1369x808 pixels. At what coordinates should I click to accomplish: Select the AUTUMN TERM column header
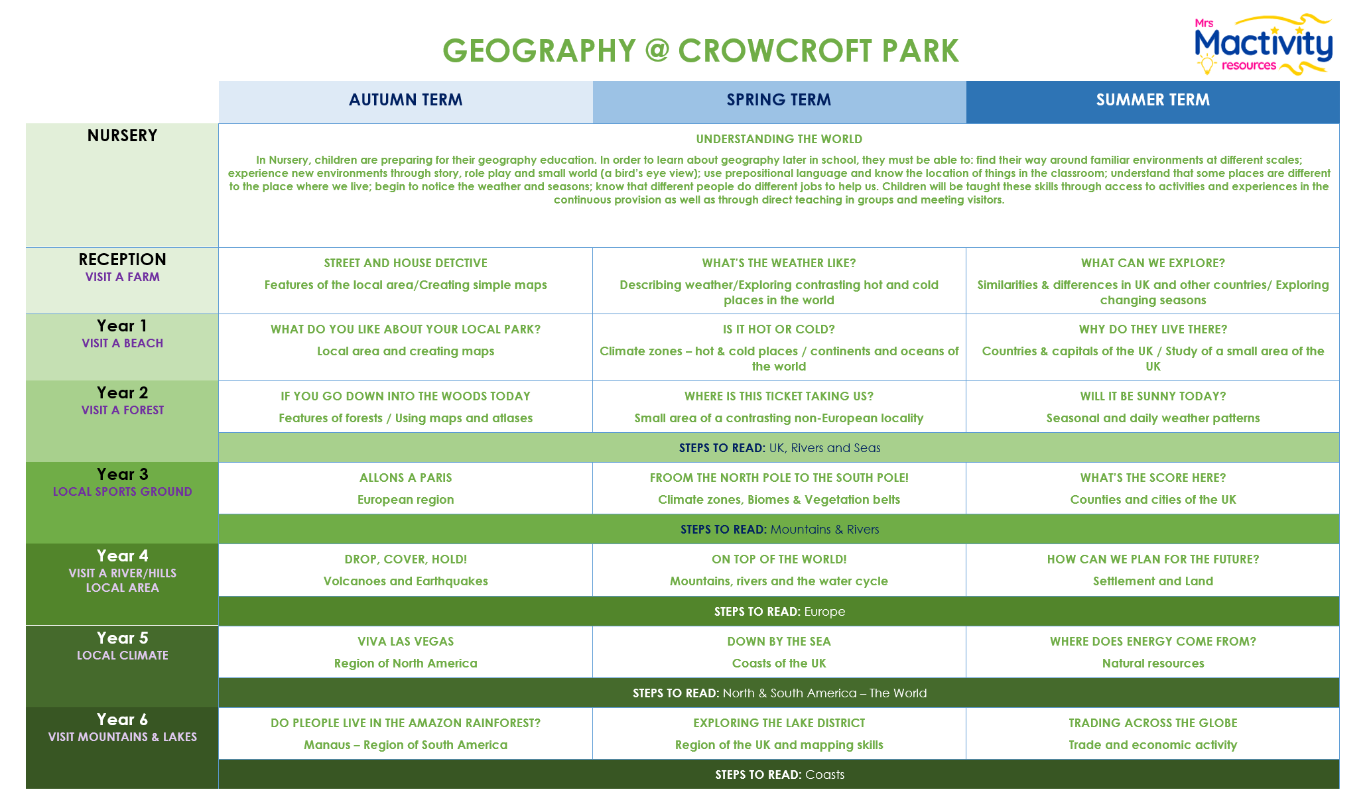(x=405, y=100)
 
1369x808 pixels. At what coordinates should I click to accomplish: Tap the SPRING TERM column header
(x=779, y=100)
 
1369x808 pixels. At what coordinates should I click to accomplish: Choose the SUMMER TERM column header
(x=1153, y=100)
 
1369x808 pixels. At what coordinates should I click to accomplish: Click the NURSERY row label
(x=122, y=136)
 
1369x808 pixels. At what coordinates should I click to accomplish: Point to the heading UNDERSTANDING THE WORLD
(x=779, y=139)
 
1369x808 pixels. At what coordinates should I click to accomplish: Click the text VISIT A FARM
(x=122, y=277)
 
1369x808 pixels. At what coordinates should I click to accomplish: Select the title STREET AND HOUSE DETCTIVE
(x=405, y=263)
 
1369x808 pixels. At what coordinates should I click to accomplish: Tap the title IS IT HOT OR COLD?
(x=779, y=329)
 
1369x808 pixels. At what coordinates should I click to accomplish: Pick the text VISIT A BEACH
(x=122, y=343)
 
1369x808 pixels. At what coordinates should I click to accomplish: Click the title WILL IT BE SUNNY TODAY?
(x=1153, y=396)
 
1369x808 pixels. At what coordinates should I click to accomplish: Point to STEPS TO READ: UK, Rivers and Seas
(x=779, y=448)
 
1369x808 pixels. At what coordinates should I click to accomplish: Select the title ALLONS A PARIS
(x=405, y=478)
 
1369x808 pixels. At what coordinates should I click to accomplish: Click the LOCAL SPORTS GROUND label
(x=122, y=492)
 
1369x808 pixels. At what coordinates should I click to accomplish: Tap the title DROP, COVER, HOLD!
(x=405, y=559)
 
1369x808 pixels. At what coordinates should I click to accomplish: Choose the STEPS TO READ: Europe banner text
(x=779, y=612)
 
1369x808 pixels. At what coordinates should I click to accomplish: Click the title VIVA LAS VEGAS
(x=405, y=642)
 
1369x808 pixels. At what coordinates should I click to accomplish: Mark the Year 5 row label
(x=122, y=638)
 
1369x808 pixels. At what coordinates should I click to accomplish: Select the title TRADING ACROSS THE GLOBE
(x=1153, y=723)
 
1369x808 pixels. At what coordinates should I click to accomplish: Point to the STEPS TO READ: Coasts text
(x=779, y=775)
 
